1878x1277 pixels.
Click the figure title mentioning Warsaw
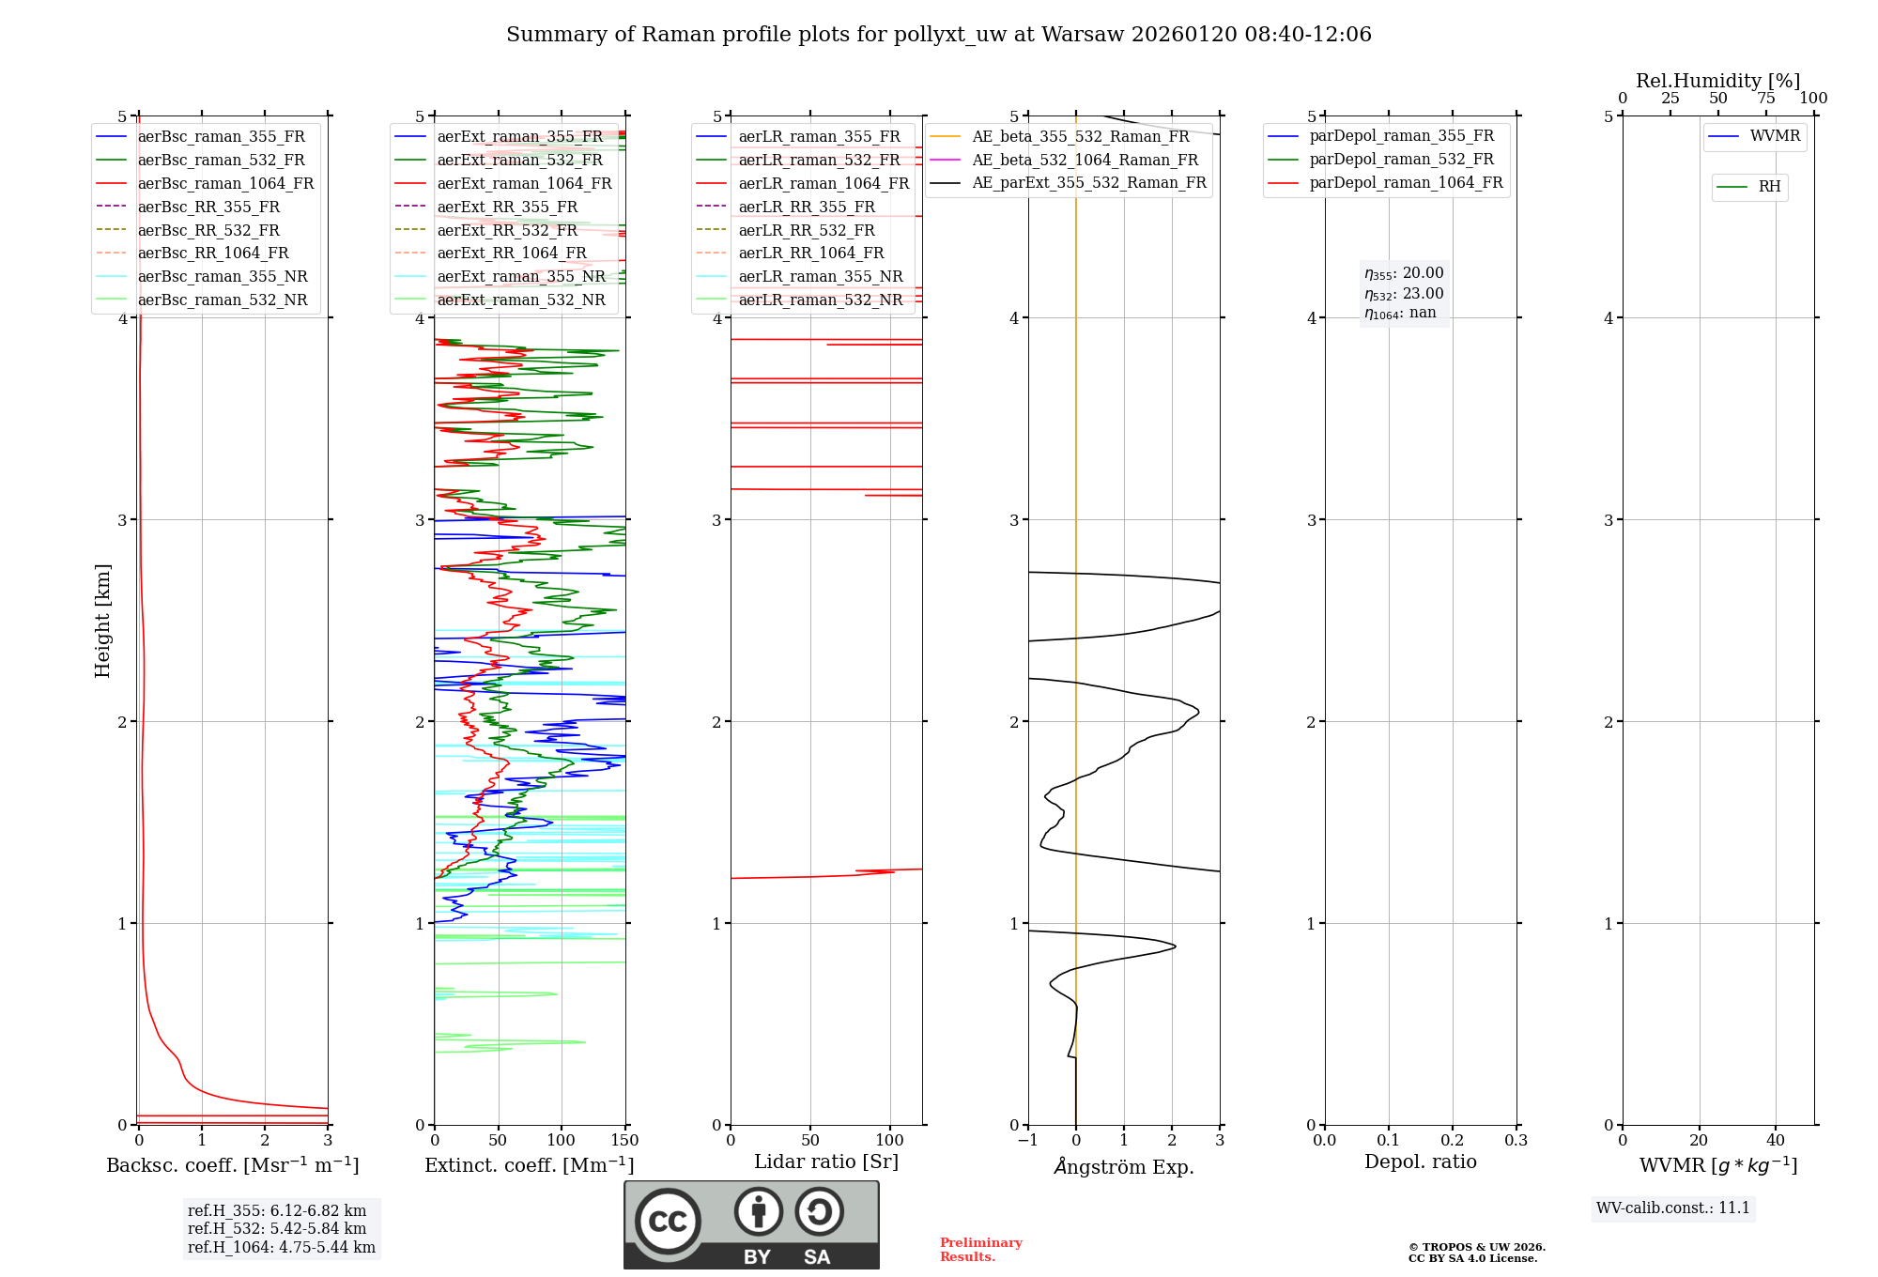[x=938, y=35]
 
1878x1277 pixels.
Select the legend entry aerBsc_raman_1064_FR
[x=225, y=184]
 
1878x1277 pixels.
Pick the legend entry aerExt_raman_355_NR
[x=521, y=277]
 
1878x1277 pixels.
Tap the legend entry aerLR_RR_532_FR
[x=806, y=230]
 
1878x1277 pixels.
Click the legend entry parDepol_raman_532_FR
[x=1401, y=160]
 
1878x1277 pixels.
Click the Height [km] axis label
[x=102, y=620]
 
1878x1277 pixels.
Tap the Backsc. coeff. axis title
[x=233, y=1165]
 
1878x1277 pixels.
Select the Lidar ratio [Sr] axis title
[x=826, y=1162]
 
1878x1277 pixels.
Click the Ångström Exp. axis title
[x=1124, y=1166]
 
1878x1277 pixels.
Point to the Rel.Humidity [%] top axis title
[x=1717, y=81]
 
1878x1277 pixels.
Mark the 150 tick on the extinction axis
[x=624, y=1141]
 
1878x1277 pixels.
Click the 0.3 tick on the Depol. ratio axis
[x=1516, y=1141]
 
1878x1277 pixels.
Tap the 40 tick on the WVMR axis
[x=1775, y=1141]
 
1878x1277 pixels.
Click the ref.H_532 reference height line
[x=277, y=1229]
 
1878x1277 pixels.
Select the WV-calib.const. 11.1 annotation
[x=1673, y=1208]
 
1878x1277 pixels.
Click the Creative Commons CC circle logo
[x=668, y=1222]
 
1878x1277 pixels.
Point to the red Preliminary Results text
[x=980, y=1250]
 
